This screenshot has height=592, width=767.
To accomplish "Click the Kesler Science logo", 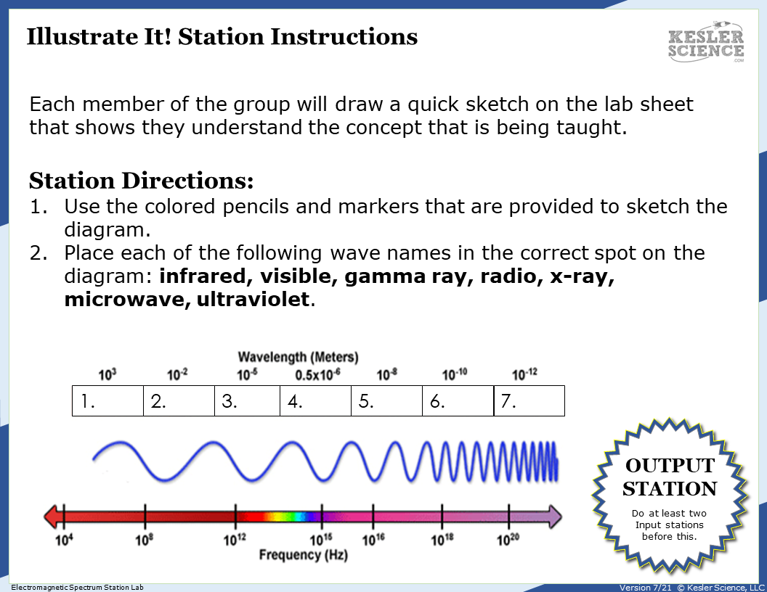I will (x=705, y=43).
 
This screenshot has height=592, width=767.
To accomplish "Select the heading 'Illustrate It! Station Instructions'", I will (x=222, y=36).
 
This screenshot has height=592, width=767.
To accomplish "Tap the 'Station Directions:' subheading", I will (x=141, y=180).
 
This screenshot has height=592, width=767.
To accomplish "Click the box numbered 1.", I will (x=107, y=401).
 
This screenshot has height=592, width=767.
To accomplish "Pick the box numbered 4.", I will (x=315, y=401).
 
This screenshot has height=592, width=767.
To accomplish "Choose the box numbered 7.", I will (x=529, y=401).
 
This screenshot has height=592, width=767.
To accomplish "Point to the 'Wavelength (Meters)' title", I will (x=298, y=358).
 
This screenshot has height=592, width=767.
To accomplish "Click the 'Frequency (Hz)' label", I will (x=303, y=555).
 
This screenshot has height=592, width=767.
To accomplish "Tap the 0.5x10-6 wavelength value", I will (x=317, y=375).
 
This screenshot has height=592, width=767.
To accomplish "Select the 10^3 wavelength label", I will (x=107, y=375).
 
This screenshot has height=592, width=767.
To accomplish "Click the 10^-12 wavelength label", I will (x=524, y=374).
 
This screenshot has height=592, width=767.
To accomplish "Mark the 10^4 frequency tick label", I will (x=65, y=540).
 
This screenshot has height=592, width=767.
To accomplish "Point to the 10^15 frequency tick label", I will (x=321, y=540).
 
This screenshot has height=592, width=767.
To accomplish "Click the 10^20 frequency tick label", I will (x=508, y=540).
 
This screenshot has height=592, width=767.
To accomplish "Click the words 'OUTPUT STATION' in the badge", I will (x=670, y=477).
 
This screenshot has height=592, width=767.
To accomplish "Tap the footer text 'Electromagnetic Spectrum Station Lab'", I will (x=77, y=587).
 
